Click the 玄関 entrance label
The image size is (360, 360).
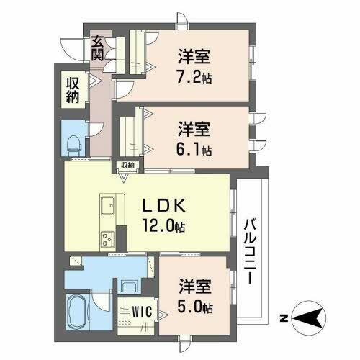[x=97, y=48]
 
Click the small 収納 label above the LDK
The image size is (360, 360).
[x=127, y=166]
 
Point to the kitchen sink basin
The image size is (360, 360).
[x=109, y=207]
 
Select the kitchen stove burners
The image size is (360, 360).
[x=109, y=237]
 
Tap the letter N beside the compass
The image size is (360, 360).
[x=284, y=317]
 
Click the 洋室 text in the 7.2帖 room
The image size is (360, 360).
[x=194, y=53]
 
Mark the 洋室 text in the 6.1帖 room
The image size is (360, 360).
[x=194, y=128]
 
